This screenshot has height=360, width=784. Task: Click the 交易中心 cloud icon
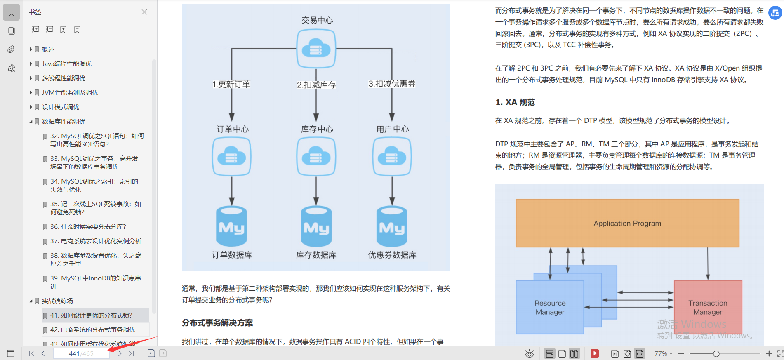click(316, 49)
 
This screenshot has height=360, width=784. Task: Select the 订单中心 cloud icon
click(231, 157)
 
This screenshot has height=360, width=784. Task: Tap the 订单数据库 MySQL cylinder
click(231, 227)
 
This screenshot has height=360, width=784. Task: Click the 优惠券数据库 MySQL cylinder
click(392, 227)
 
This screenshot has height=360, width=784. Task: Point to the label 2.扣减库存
click(316, 85)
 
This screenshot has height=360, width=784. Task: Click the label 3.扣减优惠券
click(392, 84)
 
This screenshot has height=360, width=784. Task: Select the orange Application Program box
click(627, 223)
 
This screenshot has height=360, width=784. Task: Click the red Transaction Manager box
click(708, 307)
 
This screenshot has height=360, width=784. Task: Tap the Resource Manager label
click(550, 308)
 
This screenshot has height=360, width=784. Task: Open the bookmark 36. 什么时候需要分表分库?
click(88, 226)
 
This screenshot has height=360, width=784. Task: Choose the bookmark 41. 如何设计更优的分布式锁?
click(91, 315)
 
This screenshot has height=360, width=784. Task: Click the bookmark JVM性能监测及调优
click(70, 92)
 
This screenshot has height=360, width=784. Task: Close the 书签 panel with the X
click(144, 12)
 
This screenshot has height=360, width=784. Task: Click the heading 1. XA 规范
click(515, 102)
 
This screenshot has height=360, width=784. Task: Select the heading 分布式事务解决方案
click(217, 322)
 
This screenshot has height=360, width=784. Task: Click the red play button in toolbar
click(594, 353)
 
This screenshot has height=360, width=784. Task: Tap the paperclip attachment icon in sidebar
click(11, 49)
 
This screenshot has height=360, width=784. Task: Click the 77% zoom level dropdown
click(663, 353)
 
